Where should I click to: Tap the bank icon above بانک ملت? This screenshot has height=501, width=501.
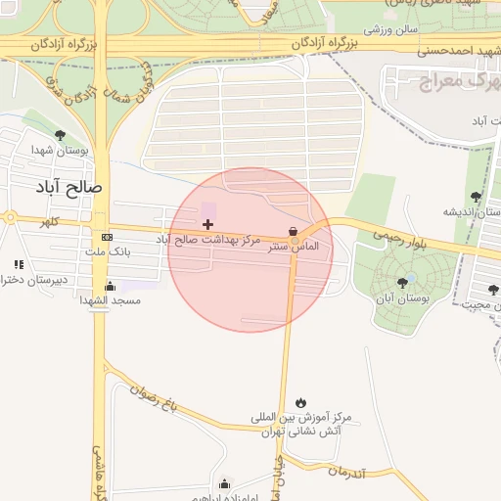coord(107,238)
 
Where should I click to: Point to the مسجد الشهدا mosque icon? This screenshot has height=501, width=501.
coord(110,286)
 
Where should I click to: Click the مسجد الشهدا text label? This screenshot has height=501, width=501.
coord(111,300)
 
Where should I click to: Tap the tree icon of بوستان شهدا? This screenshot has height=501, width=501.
coord(60,135)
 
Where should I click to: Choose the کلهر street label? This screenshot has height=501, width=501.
coord(49,223)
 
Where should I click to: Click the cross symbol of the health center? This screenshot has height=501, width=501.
coord(207,224)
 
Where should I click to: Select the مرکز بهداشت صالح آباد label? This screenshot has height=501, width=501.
coord(208,239)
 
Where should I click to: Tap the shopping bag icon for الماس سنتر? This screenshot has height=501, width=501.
coord(293,232)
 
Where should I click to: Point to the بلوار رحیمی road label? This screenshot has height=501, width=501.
coord(398,235)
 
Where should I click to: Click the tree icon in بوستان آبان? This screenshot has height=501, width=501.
coord(402,283)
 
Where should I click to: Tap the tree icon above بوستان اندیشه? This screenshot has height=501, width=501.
coord(476,197)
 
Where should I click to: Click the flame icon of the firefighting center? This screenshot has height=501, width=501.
coord(300,402)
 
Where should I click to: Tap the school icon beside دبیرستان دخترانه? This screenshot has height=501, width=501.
coord(18,264)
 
